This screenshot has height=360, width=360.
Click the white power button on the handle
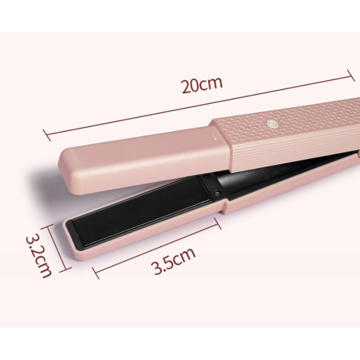[x=272, y=125]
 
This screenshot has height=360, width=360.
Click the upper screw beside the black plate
[x=207, y=176]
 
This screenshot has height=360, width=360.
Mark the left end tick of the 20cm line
[x=47, y=135]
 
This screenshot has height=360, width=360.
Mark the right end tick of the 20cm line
[x=351, y=76]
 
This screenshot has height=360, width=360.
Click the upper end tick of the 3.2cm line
[x=47, y=227]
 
